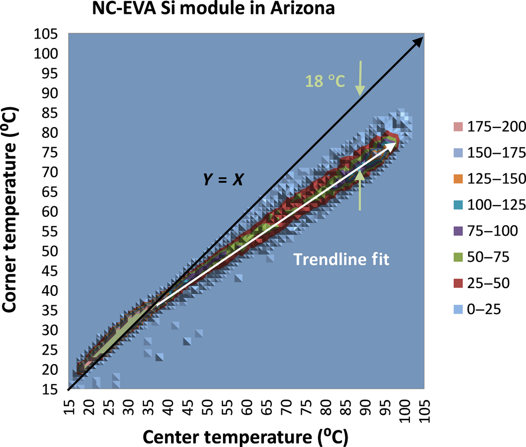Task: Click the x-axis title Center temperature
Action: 246,436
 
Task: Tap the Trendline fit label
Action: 342,259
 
